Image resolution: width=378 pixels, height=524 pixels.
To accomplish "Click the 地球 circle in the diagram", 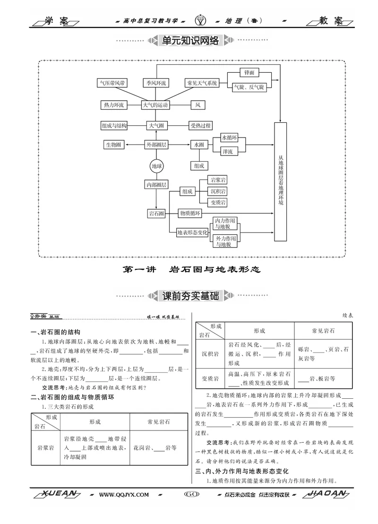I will [x=156, y=166].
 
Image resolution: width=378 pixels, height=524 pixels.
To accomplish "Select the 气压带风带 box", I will [x=112, y=83].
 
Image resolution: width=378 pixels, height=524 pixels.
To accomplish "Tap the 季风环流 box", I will [x=156, y=83].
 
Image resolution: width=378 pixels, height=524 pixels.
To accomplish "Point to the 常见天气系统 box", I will [x=202, y=83].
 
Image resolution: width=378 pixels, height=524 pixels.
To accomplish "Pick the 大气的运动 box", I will [x=156, y=105].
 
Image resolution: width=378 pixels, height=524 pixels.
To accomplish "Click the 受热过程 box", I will [x=200, y=126].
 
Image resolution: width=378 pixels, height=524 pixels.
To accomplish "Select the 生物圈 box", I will [x=114, y=145].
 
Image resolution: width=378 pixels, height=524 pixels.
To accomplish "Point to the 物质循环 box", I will [x=189, y=214].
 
